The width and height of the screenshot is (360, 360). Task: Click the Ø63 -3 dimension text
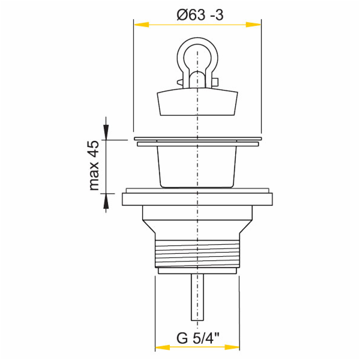tap(200, 14)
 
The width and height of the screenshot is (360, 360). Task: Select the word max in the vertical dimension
tap(94, 179)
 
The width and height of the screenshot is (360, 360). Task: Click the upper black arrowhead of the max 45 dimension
tap(107, 133)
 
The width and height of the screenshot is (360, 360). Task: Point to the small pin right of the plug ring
tap(214, 81)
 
